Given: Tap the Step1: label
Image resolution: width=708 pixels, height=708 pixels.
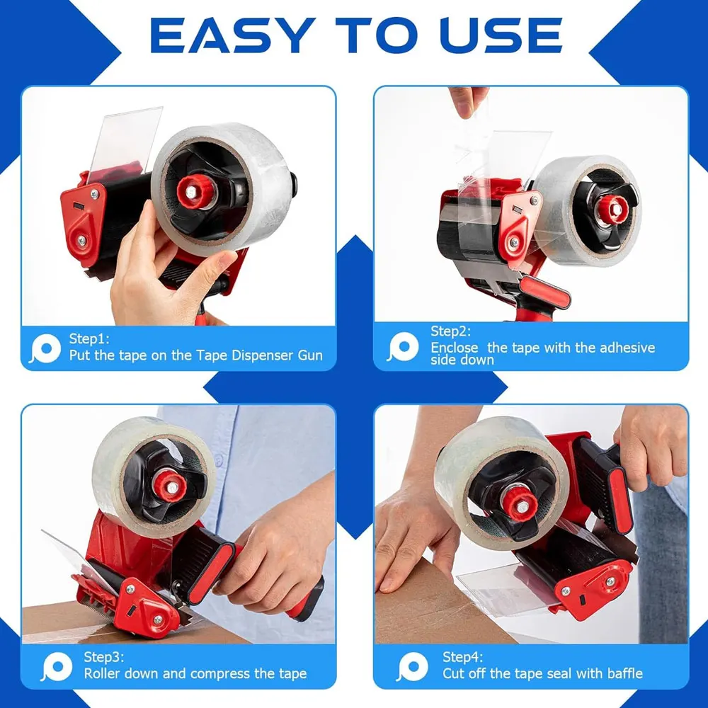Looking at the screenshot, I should point(90,338).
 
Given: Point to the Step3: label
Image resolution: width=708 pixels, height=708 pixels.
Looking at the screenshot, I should point(104,656).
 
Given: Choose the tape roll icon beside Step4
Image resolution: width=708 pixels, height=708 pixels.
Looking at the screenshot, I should point(413,666).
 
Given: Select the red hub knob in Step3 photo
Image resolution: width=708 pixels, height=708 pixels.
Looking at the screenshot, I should point(170,485).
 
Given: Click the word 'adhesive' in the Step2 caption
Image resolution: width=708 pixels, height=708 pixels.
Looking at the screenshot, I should point(627,348).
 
